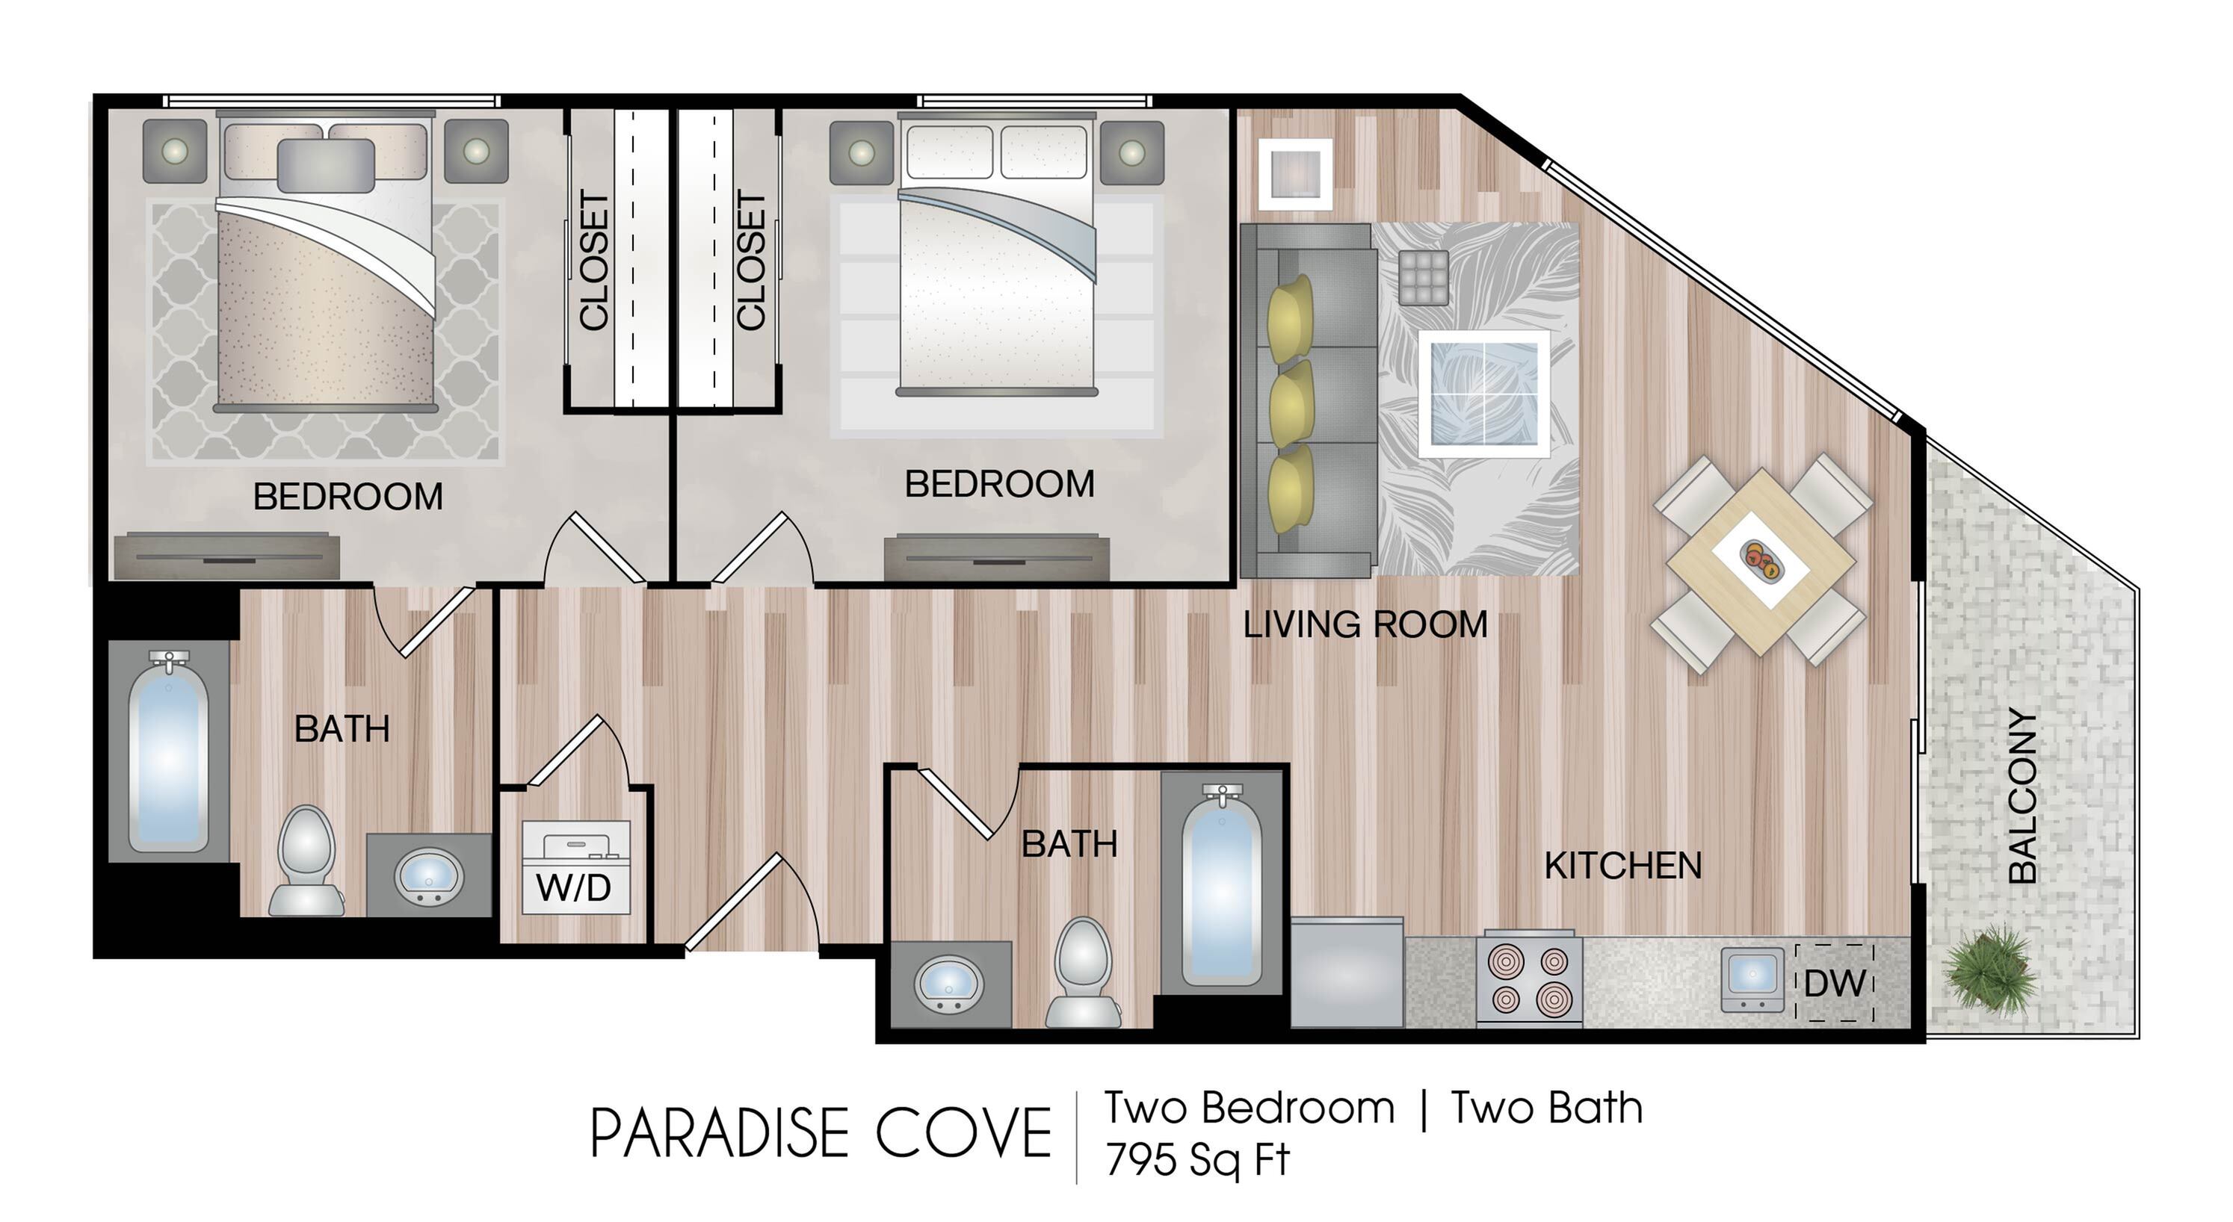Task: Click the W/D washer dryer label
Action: coord(574,887)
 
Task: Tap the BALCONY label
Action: coord(2022,795)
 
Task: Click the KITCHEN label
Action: coord(1622,866)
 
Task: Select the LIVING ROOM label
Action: coord(1365,624)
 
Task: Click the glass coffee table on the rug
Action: coord(1484,394)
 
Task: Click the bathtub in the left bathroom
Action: coord(168,751)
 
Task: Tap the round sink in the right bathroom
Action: coord(949,985)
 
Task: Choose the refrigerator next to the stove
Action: coord(1348,973)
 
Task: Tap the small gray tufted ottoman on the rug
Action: coord(1422,277)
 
